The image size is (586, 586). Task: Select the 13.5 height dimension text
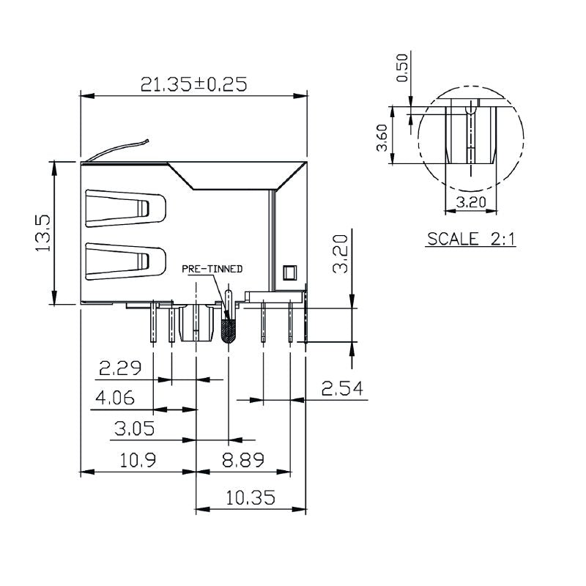point(42,233)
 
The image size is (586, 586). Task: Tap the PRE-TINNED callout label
point(212,270)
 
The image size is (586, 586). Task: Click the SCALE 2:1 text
point(472,239)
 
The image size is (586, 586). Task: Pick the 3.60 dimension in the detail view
point(382,138)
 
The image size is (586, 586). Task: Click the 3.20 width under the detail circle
point(472,201)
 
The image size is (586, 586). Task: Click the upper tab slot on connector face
point(125,207)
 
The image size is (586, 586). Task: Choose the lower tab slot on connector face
point(125,261)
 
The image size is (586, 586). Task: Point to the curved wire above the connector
point(117,149)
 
